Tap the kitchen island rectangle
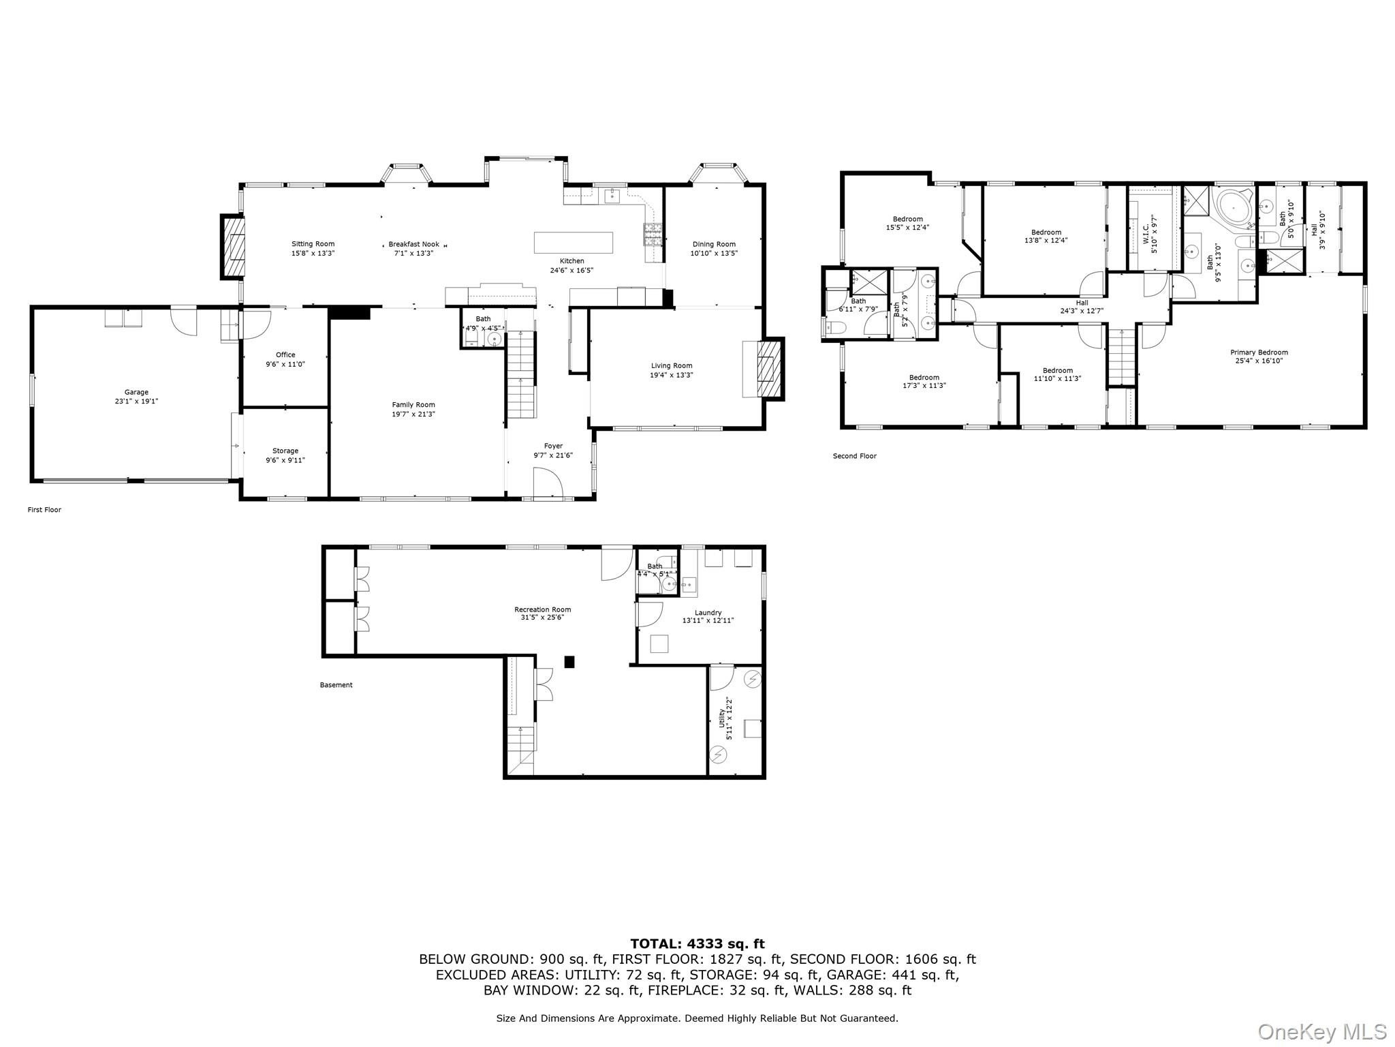(574, 243)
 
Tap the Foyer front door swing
(548, 483)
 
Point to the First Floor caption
(44, 509)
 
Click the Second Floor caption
(854, 456)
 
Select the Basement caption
(336, 685)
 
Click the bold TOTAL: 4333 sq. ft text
(697, 944)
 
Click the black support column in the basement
(570, 661)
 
